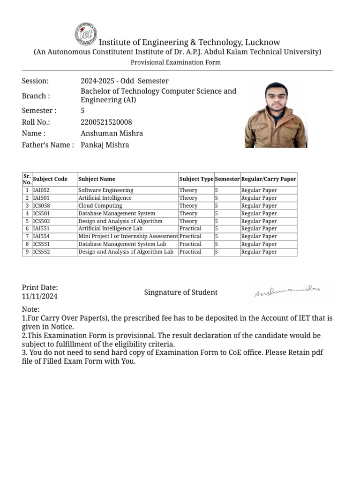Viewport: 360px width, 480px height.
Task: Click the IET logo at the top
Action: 85,34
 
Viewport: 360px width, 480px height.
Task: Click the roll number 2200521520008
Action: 106,122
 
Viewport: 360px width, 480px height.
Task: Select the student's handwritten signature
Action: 287,292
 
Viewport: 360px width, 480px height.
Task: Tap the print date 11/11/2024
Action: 40,296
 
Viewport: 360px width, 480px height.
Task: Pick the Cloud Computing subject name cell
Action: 100,206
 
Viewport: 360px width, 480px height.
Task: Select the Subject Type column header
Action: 196,179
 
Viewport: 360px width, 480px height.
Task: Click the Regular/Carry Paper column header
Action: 269,179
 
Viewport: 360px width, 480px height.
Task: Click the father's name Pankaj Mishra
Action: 105,145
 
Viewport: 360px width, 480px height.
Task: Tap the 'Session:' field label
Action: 35,81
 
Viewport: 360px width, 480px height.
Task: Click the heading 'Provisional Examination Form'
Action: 175,62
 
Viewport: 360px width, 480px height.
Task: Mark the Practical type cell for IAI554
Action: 190,236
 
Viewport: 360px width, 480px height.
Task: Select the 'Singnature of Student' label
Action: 180,292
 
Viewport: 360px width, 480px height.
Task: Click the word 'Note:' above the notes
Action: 31,309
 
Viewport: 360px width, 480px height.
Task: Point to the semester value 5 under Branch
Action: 82,111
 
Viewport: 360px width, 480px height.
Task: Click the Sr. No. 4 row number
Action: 27,213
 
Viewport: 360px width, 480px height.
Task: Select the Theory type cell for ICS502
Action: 188,221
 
